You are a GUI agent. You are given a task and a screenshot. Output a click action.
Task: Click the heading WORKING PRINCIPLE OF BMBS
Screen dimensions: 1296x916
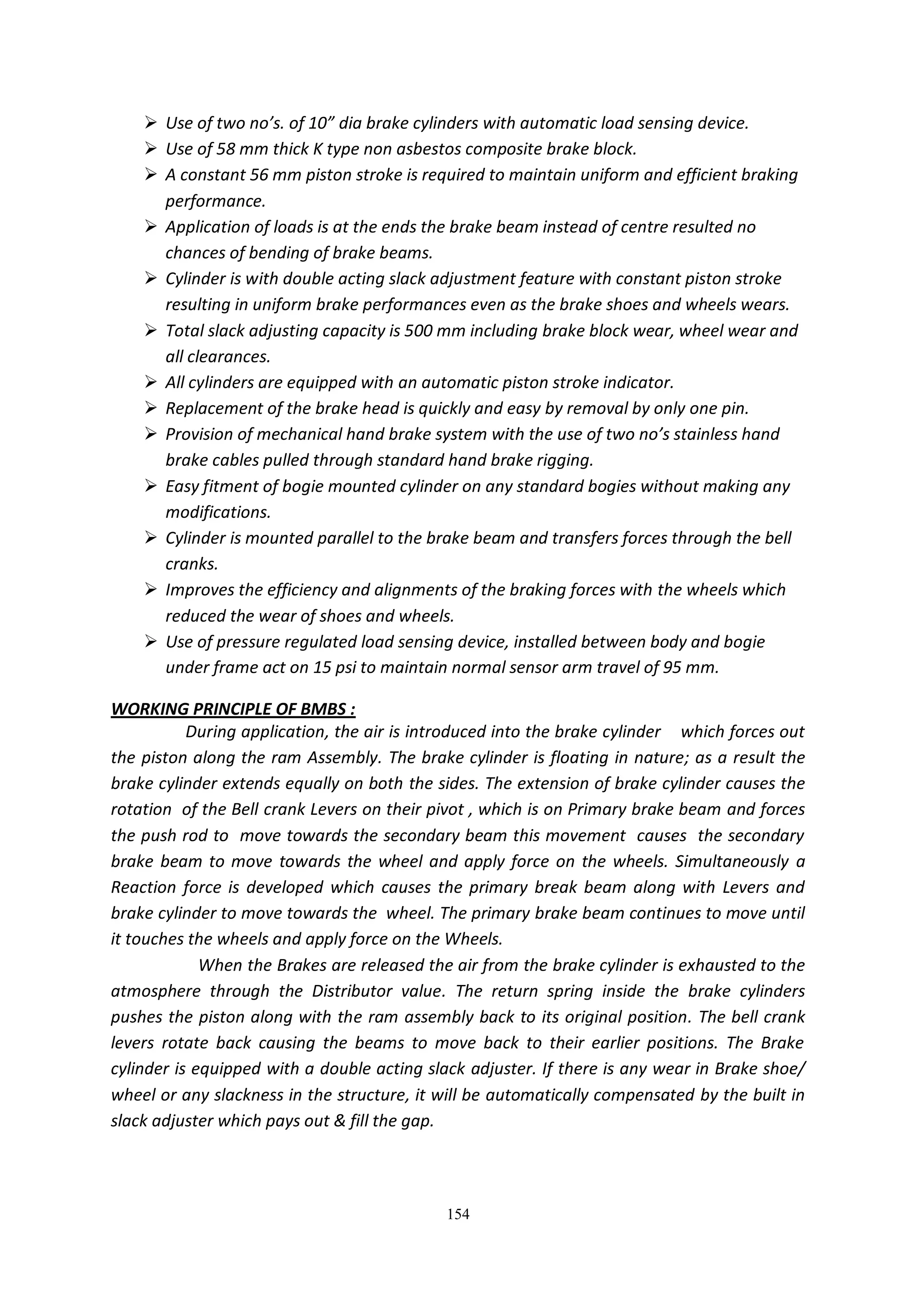(233, 708)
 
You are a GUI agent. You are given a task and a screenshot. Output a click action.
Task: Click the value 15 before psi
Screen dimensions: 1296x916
(322, 668)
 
